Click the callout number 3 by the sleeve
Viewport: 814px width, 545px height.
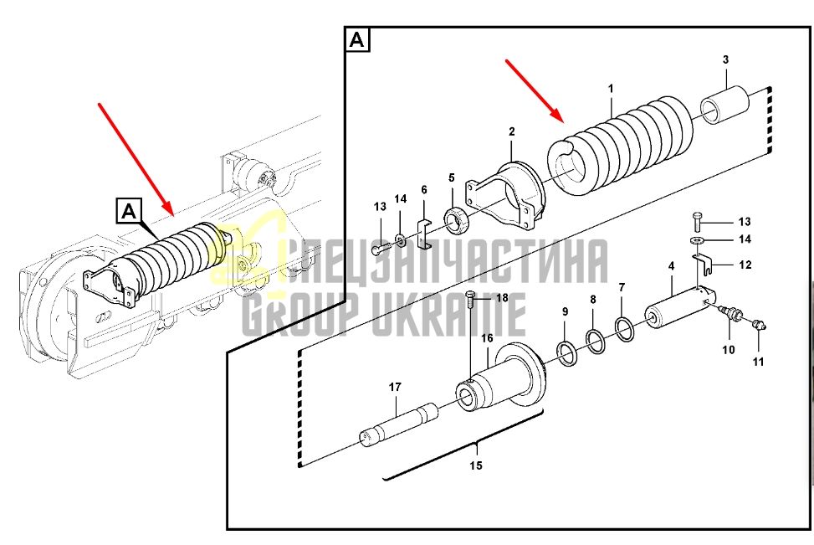[x=725, y=59]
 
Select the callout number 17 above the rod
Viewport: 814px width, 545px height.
[x=395, y=387]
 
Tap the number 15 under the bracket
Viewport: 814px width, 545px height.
[x=476, y=465]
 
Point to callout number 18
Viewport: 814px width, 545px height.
[x=502, y=298]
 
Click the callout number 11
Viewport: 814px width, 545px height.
[x=759, y=362]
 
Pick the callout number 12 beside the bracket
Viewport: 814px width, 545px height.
[x=745, y=265]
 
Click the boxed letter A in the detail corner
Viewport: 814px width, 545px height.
[x=357, y=39]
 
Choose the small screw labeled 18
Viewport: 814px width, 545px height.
[x=471, y=301]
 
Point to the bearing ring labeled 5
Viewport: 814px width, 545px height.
[x=458, y=219]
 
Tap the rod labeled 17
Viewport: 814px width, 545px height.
[x=399, y=424]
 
